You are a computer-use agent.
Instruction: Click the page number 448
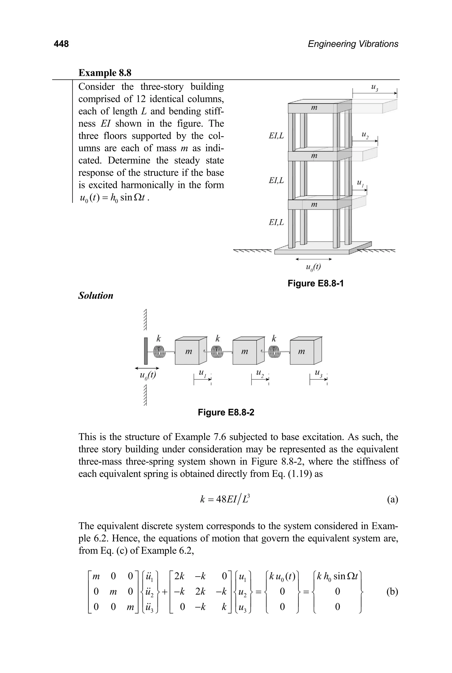pos(61,44)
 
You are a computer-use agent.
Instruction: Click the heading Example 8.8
pos(105,73)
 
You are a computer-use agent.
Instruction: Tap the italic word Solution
pos(96,296)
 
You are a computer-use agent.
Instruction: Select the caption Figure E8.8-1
pos(315,283)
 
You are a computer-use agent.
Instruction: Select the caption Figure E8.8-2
pos(226,412)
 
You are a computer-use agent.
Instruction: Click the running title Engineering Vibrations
pos(353,44)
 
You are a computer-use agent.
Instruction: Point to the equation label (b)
pos(392,591)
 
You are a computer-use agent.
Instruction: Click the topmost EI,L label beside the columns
pos(276,135)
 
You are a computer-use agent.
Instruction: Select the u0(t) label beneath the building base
pos(313,267)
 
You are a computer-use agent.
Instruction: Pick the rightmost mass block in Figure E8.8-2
pos(302,352)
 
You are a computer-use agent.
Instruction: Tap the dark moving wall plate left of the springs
pos(146,351)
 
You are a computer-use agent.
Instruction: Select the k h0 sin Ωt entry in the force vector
pos(337,576)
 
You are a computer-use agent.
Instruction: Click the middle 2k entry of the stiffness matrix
pos(200,591)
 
